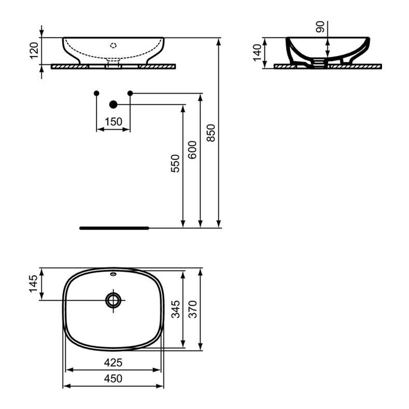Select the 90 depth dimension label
[321, 27]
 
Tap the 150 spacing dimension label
[113, 122]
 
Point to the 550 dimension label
[175, 163]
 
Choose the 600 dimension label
[192, 150]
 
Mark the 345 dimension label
[175, 309]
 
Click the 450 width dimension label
[113, 378]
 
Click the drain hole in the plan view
[114, 300]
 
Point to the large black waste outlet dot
[114, 105]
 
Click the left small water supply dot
[96, 93]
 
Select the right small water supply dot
[130, 93]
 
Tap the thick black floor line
[114, 228]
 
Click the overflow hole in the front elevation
[114, 45]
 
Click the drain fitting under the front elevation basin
[114, 64]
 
